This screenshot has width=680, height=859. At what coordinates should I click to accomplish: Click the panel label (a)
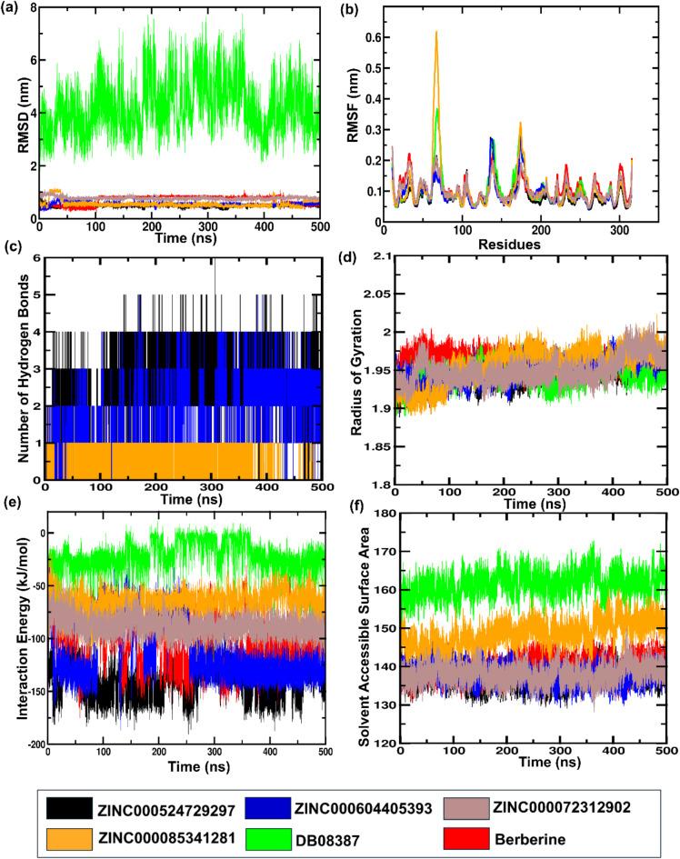[16, 8]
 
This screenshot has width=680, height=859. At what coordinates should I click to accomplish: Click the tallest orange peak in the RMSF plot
[436, 33]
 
